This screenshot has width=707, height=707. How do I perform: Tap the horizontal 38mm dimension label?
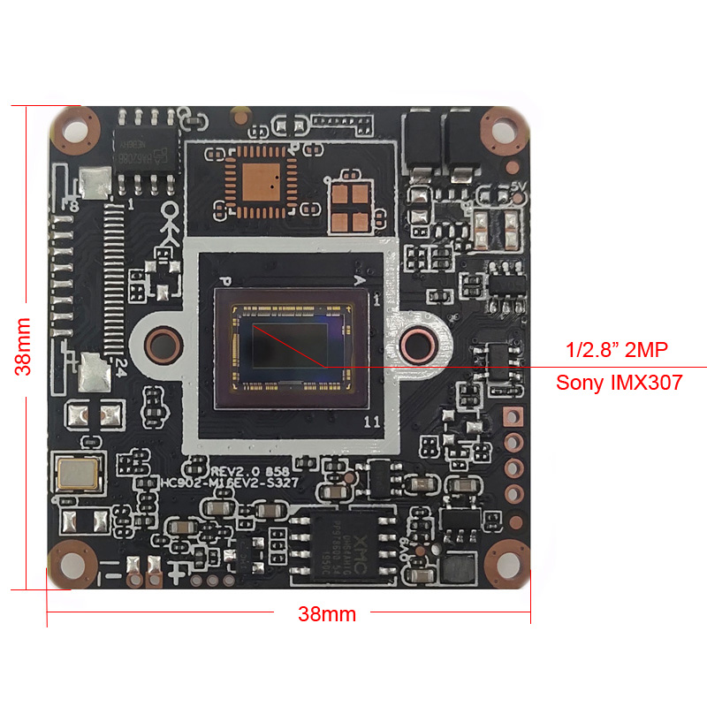coord(327,613)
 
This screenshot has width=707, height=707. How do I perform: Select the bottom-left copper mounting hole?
coord(73,563)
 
